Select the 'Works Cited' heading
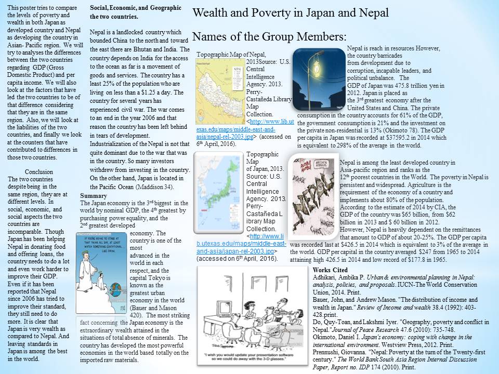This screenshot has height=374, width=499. tap(331, 271)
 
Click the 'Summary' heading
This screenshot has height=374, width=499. tap(94, 195)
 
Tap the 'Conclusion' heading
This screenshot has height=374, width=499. tap(39, 171)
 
